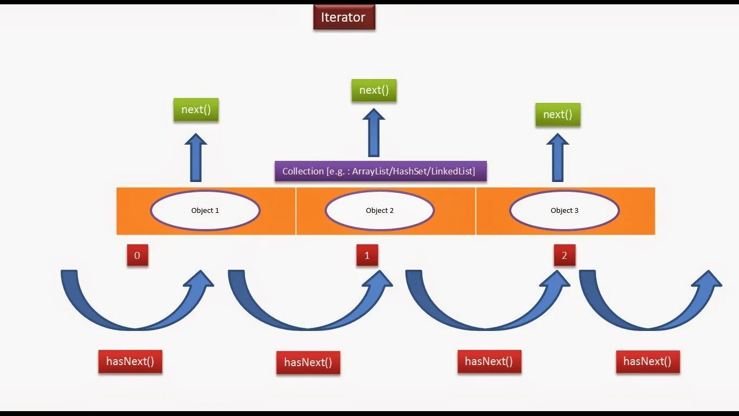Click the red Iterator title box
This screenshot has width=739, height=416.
tap(344, 17)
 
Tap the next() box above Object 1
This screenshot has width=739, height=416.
tap(196, 110)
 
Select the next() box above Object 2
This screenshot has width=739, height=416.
tap(374, 90)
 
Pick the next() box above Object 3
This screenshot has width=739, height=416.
tap(558, 115)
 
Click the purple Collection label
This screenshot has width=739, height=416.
tap(380, 171)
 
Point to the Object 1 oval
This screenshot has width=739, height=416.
tap(205, 211)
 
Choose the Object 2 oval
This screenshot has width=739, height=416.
tap(380, 211)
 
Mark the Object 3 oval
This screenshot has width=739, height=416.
tap(564, 211)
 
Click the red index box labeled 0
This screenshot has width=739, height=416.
tap(137, 256)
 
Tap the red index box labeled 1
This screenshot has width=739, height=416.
tap(367, 256)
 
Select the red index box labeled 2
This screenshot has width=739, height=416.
tap(564, 256)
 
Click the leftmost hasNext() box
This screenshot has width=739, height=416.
tap(130, 362)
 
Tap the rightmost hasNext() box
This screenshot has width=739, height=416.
tap(648, 362)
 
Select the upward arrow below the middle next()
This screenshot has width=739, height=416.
tap(374, 133)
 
